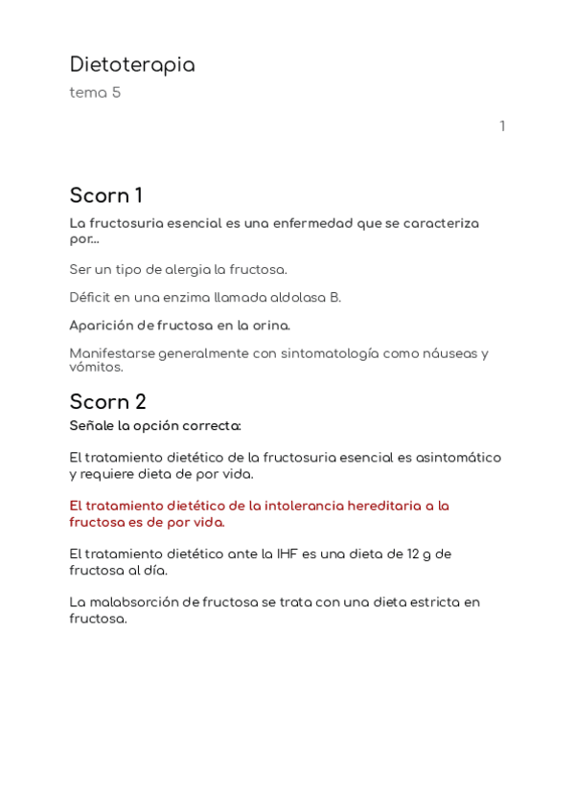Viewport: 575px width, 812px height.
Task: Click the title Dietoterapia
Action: [132, 65]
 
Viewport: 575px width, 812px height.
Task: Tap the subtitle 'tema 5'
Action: [95, 93]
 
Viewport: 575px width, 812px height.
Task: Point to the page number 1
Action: [502, 126]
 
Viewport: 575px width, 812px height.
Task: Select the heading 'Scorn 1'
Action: [105, 195]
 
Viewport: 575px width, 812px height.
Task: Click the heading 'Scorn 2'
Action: [107, 402]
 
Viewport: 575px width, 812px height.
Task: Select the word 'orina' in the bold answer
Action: [270, 326]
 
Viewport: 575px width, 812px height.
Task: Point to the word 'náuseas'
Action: [448, 353]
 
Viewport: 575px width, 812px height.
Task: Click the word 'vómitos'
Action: [96, 367]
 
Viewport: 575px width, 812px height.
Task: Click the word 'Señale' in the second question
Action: [93, 425]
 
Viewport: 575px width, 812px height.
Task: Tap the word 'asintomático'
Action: [458, 458]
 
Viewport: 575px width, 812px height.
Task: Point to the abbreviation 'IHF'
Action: [287, 553]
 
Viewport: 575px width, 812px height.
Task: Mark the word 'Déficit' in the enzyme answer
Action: [92, 298]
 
